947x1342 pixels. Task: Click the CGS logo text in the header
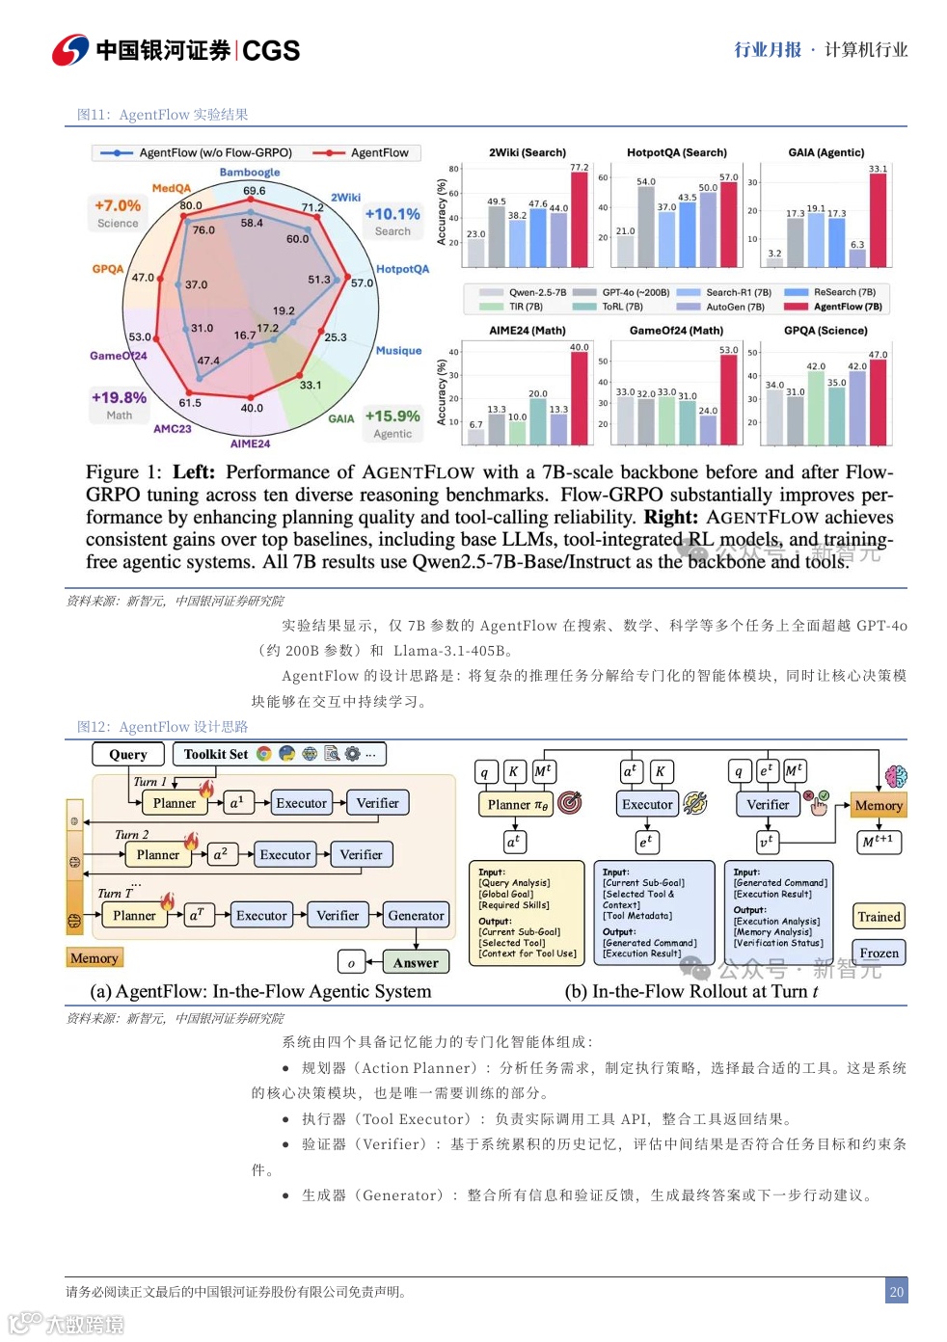click(x=271, y=50)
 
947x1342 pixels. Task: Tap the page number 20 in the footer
click(x=897, y=1291)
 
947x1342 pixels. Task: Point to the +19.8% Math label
click(x=119, y=398)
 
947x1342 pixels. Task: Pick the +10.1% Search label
click(x=392, y=215)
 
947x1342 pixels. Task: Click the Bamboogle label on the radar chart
click(x=250, y=173)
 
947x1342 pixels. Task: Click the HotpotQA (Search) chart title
click(x=677, y=152)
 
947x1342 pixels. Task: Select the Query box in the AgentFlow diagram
click(x=128, y=754)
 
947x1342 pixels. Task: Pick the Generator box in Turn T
click(x=416, y=916)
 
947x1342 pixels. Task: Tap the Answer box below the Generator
click(x=416, y=962)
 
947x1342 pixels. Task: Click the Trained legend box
click(x=879, y=917)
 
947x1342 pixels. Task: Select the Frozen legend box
click(x=879, y=953)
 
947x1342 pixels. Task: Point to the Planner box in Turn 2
click(x=158, y=854)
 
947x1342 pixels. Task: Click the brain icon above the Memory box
click(x=896, y=776)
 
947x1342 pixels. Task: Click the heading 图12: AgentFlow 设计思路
click(x=162, y=727)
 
